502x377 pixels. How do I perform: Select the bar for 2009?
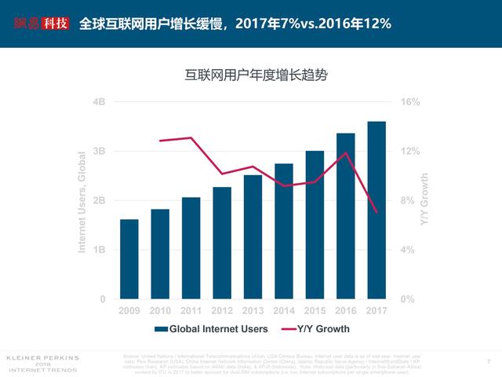pos(129,259)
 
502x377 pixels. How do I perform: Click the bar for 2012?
pos(222,243)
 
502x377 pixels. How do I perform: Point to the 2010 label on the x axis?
pos(160,311)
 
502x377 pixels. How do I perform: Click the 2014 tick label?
pos(284,311)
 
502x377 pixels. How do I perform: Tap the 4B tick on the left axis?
pos(99,102)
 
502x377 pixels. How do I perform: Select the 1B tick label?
pos(99,250)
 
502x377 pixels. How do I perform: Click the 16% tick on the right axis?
pos(410,102)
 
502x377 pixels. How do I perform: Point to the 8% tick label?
pos(408,200)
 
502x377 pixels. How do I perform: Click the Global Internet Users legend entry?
pos(211,329)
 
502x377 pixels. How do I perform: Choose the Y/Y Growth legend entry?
pos(314,329)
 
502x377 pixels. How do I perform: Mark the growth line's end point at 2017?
pos(376,212)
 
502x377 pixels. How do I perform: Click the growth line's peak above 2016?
pos(346,152)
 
